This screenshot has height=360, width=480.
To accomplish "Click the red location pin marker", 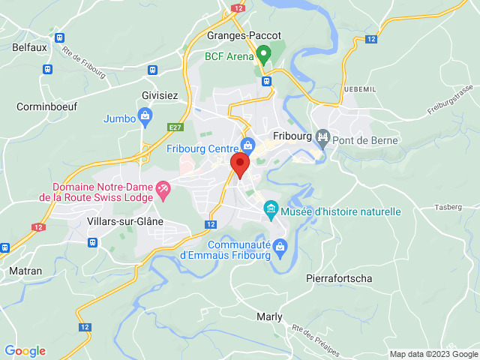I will coord(240,164).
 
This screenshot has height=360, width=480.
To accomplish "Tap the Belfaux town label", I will coord(29,46).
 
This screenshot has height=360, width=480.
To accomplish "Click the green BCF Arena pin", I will coord(263,53).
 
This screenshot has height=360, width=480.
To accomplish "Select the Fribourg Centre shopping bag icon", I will coord(247,144).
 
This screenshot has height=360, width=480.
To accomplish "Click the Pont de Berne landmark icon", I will coord(323,138).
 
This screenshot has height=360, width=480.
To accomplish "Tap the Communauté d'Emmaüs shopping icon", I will coord(280,246).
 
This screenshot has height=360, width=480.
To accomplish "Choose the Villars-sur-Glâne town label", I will coord(125,221).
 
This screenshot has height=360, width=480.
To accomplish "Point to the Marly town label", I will coord(269,316).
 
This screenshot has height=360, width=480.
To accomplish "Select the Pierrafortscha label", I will coord(340,278).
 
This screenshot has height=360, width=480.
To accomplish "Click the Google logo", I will coord(25,351).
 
